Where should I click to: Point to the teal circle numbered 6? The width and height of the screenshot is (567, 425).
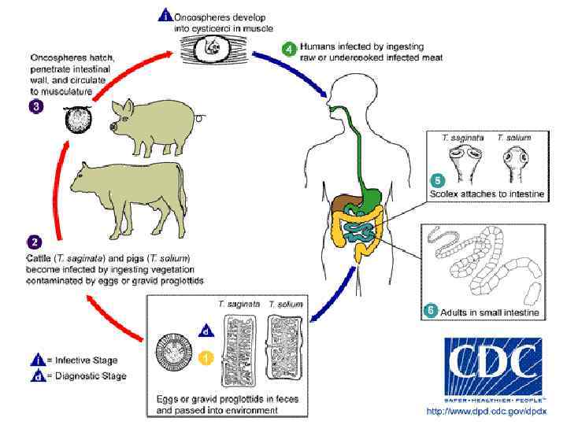pos(431,309)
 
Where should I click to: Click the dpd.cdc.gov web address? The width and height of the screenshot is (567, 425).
pos(485,411)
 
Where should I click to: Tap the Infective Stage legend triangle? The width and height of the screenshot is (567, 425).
pos(38,360)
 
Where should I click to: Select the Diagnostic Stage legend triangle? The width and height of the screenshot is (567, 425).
pos(38,375)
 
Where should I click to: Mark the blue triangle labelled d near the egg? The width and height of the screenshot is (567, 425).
pos(205,331)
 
